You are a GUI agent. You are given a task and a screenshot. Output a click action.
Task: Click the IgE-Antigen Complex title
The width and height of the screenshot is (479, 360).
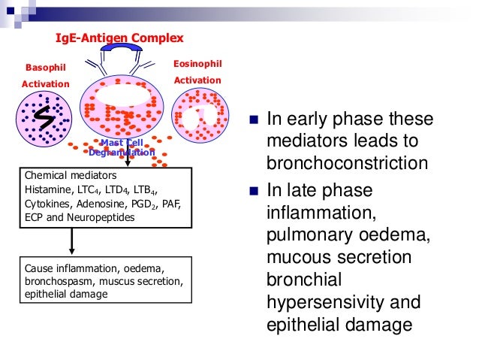coord(119,37)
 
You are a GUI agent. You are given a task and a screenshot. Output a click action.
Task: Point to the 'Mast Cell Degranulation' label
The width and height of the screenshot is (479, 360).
coord(121,147)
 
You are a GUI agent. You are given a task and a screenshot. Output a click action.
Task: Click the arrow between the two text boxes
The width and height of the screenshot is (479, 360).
coord(71,241)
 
